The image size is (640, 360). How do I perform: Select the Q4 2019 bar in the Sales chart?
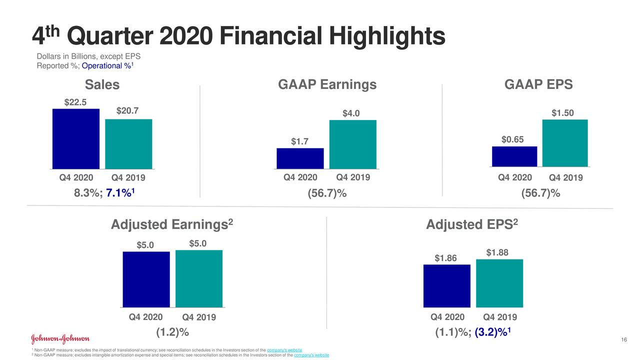coord(128,143)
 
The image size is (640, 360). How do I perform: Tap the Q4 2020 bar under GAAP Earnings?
coord(300,158)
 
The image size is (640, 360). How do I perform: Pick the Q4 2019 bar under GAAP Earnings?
coord(352,144)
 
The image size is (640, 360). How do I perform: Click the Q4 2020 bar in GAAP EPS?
coord(514,156)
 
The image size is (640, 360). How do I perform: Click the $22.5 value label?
coord(75,102)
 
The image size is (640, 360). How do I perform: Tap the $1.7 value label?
coord(300,142)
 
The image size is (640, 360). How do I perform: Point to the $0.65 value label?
coord(512,139)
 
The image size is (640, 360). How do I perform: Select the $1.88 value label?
coord(497,253)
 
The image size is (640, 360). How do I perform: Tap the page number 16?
coord(623,340)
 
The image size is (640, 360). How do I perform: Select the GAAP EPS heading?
coord(538,85)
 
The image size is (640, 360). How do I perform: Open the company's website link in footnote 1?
coord(284,349)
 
